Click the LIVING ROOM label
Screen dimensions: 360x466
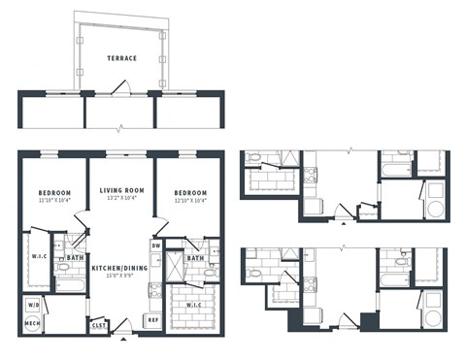click(x=121, y=192)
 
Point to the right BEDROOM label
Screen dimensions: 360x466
click(x=191, y=192)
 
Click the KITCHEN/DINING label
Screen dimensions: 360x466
click(x=120, y=267)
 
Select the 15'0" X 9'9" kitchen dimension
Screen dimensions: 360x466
click(x=120, y=276)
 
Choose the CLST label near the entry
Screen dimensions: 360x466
click(x=99, y=327)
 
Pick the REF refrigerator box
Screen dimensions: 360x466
click(x=153, y=319)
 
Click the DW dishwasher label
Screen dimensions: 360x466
click(x=155, y=245)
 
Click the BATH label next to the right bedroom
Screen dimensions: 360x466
click(x=195, y=257)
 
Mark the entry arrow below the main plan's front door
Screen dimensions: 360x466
click(x=122, y=341)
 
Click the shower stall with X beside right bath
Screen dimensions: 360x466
click(x=174, y=265)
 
